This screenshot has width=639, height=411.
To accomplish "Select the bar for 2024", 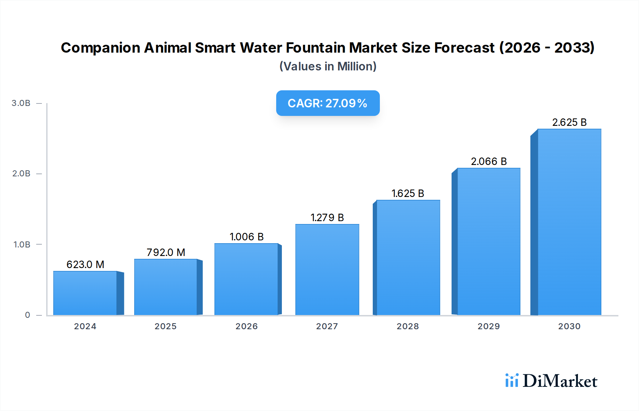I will pos(85,293).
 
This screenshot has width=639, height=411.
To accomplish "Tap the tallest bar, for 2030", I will pos(569,222).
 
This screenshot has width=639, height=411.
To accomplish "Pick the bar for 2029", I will pos(488,241).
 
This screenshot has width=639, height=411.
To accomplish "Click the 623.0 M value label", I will pos(85,265).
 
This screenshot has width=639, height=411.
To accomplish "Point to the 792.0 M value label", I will pos(166,252).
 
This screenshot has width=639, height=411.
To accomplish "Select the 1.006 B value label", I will pos(246,237).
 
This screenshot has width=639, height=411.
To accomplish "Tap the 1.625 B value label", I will pos(408,193).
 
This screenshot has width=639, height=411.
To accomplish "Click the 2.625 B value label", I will pos(569,122).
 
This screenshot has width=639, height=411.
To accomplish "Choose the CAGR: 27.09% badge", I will pos(328,103).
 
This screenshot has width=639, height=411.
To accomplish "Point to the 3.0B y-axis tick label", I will pos(21,103).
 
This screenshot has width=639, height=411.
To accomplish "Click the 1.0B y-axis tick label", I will pos(22,245).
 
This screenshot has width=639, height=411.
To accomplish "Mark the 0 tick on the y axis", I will pos(27,315).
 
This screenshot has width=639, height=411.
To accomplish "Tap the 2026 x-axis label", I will pos(246,326).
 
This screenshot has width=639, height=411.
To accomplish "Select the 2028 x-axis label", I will pos(408,326).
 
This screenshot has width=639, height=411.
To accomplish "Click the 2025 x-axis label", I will pos(165,326).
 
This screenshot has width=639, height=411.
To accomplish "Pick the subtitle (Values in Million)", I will pos(328,66).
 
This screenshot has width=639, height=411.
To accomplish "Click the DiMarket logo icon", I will pos(512,380).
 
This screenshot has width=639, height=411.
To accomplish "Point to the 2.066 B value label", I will pos(488,161).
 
